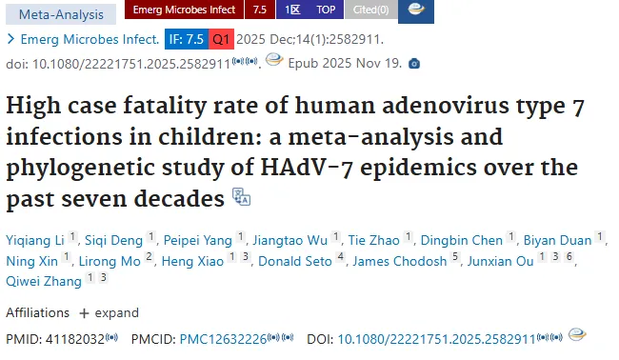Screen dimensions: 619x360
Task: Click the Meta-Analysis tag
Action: coord(61,14)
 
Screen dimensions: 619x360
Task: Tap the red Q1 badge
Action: coord(221,39)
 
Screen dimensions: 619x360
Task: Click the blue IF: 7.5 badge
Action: coord(187,39)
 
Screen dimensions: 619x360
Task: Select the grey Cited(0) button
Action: coord(371,10)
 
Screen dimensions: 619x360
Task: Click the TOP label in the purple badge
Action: coord(326,10)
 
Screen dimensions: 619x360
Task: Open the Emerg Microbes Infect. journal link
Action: coord(90,39)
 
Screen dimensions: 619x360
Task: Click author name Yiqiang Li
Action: coord(35,240)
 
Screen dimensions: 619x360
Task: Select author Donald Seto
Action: coord(295,261)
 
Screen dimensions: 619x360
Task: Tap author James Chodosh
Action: coord(400,261)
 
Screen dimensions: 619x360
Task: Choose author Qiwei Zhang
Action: coord(44,282)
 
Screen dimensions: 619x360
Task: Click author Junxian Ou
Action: coord(501,261)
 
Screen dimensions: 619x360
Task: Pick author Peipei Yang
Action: coord(198,240)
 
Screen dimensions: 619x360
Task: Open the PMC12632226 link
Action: coord(224,339)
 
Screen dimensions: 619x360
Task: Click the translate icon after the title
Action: coord(241,196)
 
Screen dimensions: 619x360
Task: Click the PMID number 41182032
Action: coord(75,339)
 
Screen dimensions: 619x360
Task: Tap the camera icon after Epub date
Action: coord(414,63)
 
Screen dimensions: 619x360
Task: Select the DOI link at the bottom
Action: coord(436,339)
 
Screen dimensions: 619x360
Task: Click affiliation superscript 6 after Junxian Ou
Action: coord(569,257)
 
